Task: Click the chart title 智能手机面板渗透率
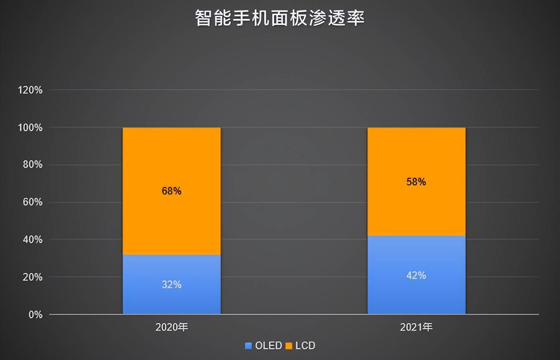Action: (x=280, y=18)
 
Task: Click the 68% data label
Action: (x=171, y=191)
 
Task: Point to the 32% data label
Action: (x=171, y=284)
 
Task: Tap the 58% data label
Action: (x=416, y=182)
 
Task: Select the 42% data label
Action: (x=416, y=275)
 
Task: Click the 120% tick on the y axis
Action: (x=31, y=90)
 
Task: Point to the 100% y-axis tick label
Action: (x=31, y=127)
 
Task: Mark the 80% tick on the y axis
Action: (x=33, y=165)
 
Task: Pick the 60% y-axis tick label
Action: (x=33, y=202)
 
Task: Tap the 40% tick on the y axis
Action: (x=33, y=240)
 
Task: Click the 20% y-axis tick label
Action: (x=33, y=277)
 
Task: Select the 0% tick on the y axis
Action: (x=35, y=314)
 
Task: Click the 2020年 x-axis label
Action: (x=171, y=327)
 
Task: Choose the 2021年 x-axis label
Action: (x=416, y=327)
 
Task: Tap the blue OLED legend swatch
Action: (x=249, y=346)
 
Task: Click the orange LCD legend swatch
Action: (x=289, y=346)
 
